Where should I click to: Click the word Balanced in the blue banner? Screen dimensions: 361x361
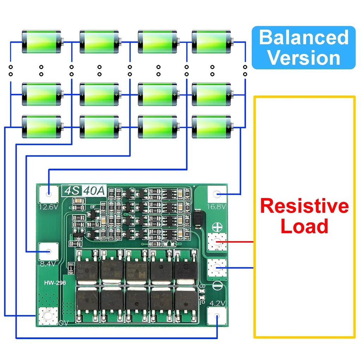point(304,37)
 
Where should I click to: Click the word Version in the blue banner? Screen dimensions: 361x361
point(304,57)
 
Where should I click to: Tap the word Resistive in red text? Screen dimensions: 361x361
point(304,206)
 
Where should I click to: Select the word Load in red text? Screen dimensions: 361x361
point(304,226)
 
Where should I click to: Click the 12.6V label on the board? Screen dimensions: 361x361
point(49,207)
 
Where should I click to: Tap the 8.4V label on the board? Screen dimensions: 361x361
point(48,263)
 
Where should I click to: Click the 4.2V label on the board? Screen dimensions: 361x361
point(218,303)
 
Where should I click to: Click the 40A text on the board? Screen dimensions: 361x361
point(94,191)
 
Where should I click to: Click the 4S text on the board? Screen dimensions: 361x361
point(72,191)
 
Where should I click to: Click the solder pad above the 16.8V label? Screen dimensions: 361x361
point(218,194)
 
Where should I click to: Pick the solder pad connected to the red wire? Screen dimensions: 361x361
point(217,242)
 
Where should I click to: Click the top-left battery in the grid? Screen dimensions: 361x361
point(42,42)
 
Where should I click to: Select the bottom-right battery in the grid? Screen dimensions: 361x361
point(212,127)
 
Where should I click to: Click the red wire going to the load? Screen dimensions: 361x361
point(240,242)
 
